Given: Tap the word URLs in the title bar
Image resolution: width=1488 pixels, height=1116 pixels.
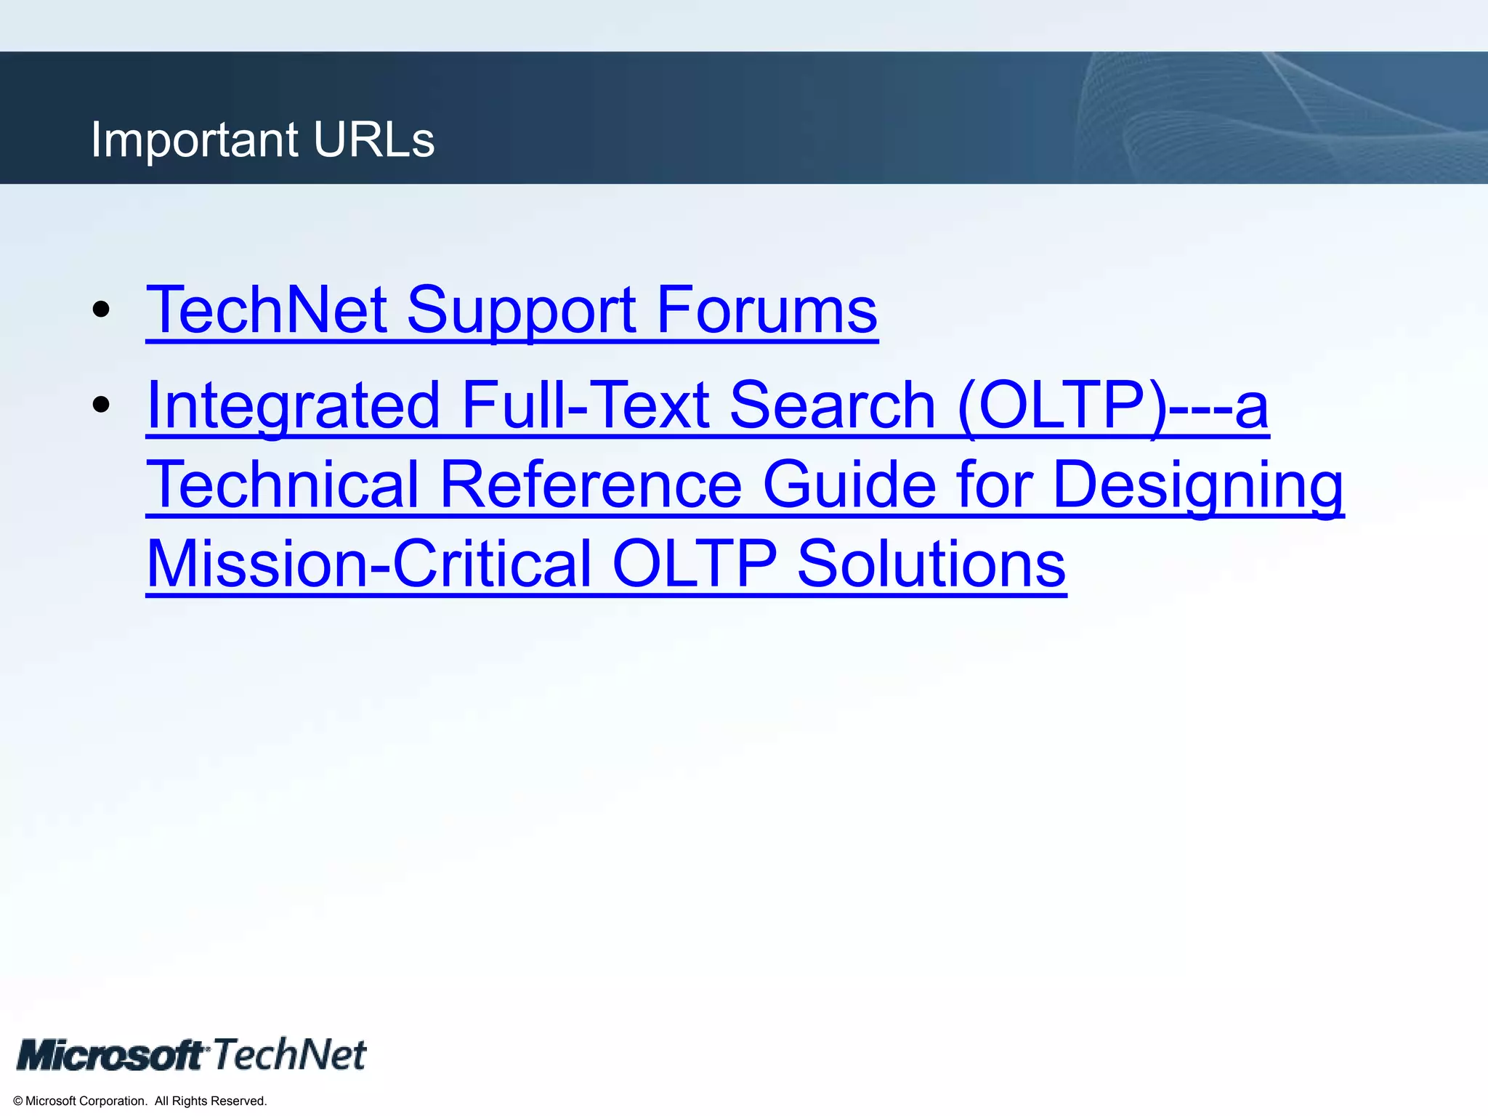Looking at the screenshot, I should (374, 139).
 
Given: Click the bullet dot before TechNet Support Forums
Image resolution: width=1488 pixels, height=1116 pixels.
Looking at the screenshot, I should (101, 310).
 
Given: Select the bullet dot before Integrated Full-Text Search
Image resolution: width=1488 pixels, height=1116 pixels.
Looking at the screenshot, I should (101, 405).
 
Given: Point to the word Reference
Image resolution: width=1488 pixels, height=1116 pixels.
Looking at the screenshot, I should (591, 485).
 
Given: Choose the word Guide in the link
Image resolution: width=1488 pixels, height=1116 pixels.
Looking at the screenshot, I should (849, 485).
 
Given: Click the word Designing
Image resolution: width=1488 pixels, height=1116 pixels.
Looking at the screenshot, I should (1198, 486).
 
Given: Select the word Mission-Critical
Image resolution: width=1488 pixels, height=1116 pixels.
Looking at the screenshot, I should (369, 564).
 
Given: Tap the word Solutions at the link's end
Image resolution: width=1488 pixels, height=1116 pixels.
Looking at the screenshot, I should (931, 564).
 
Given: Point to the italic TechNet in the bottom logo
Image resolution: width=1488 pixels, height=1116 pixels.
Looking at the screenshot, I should (289, 1054).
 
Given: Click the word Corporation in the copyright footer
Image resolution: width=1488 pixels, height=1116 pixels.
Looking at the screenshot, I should (111, 1101).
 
